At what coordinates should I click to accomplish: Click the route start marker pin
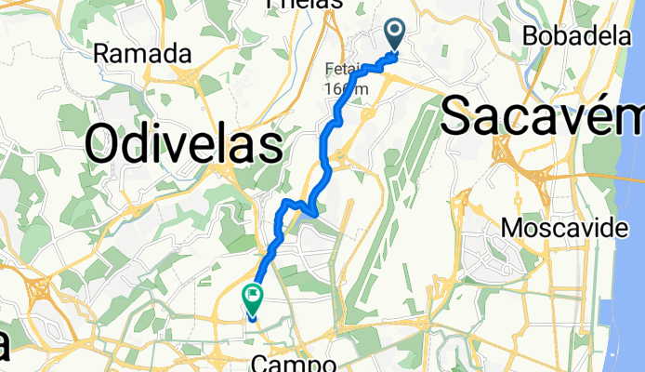(x=395, y=35)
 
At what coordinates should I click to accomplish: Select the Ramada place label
(x=142, y=54)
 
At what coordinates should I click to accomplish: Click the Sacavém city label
(x=542, y=117)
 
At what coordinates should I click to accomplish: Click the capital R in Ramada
(x=101, y=54)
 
